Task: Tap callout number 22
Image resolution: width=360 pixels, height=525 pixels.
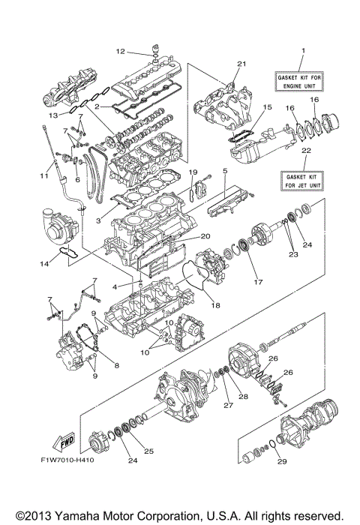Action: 303,151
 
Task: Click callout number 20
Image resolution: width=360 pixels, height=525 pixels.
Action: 204,235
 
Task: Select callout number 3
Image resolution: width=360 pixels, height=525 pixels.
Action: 98,222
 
